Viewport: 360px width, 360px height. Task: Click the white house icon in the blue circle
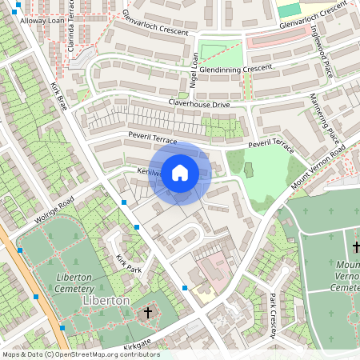coord(180,172)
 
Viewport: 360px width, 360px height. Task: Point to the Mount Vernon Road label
coord(318,164)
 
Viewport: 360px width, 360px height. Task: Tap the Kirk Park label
coord(128,263)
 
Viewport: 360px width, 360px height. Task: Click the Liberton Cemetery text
coord(78,282)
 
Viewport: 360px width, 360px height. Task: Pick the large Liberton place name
coord(106,300)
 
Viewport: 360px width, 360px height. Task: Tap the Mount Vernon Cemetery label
coord(347,276)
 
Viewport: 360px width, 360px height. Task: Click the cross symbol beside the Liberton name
coord(147,311)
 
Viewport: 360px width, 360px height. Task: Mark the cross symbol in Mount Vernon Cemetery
coord(356,247)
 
